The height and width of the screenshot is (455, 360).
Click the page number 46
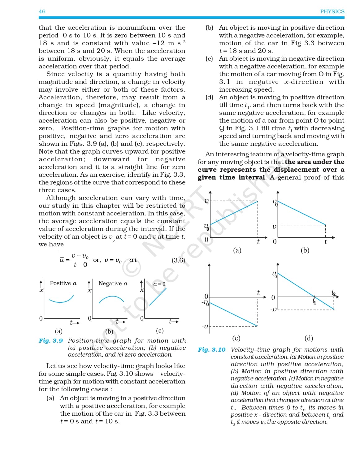[42, 11]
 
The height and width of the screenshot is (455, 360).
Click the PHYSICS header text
[332, 11]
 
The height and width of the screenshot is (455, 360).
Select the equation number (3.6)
[178, 260]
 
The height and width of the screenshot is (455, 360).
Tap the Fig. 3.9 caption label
[50, 340]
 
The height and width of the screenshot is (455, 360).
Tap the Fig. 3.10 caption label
[212, 349]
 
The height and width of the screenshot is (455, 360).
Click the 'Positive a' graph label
[63, 283]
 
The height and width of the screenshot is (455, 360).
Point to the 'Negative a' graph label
[113, 283]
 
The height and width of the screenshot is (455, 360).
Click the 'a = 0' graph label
[159, 284]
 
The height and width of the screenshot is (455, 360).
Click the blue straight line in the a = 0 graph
[158, 297]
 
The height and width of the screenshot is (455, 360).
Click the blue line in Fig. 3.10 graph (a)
[234, 213]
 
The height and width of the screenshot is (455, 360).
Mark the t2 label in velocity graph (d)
[333, 292]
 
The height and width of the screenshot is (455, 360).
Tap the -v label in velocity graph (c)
[205, 326]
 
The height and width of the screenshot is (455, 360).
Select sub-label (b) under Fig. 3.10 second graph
[305, 250]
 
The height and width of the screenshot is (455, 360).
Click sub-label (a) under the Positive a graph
[59, 331]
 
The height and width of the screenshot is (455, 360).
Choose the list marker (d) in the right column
[209, 97]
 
